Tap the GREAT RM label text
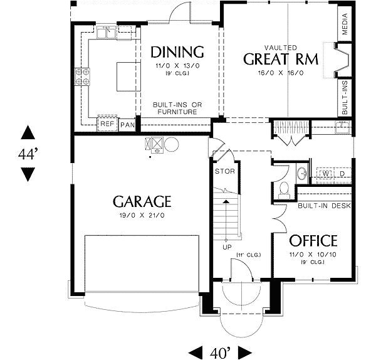click(x=281, y=60)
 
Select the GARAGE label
click(x=142, y=201)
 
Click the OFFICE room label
click(x=313, y=241)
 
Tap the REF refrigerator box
click(x=107, y=125)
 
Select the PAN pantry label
click(x=127, y=125)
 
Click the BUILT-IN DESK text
click(x=325, y=206)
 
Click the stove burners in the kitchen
click(x=81, y=76)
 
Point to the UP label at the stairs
click(x=226, y=246)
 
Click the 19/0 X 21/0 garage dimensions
click(x=142, y=215)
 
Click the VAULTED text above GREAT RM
click(x=281, y=47)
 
